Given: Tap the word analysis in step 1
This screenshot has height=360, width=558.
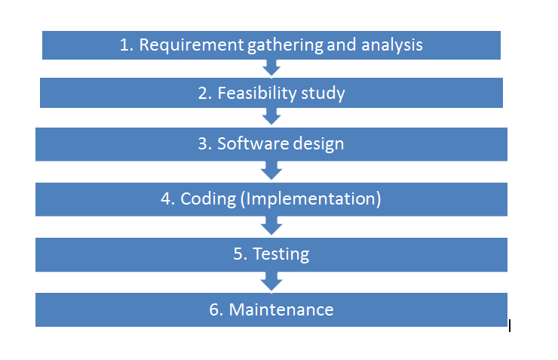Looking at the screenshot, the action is coord(392,45).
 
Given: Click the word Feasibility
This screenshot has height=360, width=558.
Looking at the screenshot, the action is coord(256,93).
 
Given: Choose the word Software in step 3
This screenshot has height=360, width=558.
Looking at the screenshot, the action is coord(253,143).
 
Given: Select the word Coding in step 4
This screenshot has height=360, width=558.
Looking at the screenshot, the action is coord(208,199).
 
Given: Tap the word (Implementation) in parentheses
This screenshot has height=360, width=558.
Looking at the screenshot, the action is coord(311,199).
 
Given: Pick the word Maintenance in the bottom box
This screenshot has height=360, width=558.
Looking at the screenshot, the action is coord(281,309).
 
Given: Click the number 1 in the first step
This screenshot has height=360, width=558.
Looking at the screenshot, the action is coord(124,45).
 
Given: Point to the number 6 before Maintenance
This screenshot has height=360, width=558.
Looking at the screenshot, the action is coord(213,309).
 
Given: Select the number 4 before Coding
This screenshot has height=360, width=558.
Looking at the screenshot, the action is coord(165,199).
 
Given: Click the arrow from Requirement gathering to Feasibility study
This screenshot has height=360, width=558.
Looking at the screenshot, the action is coord(271,69).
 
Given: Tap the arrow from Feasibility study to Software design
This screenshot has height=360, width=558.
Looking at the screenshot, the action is coord(271,116).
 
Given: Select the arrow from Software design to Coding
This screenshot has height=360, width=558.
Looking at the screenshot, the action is coord(271,171).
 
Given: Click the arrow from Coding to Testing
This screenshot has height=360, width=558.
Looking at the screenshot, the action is coord(271,226).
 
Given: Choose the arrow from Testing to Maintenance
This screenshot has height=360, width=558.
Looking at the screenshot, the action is coord(271,282).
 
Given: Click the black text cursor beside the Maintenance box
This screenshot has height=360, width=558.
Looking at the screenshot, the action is coord(510,326).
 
